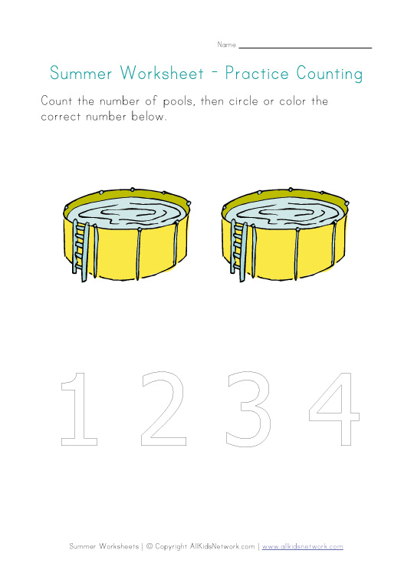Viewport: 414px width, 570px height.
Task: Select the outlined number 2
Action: pyautogui.click(x=163, y=408)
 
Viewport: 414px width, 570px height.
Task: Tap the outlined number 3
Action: pyautogui.click(x=248, y=408)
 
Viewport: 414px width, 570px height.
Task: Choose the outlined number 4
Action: pyautogui.click(x=333, y=408)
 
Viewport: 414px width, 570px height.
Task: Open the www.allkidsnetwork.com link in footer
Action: pyautogui.click(x=302, y=546)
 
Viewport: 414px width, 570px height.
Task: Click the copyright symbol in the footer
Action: pyautogui.click(x=149, y=546)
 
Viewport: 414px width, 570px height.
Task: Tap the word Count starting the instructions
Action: pyautogui.click(x=56, y=101)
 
